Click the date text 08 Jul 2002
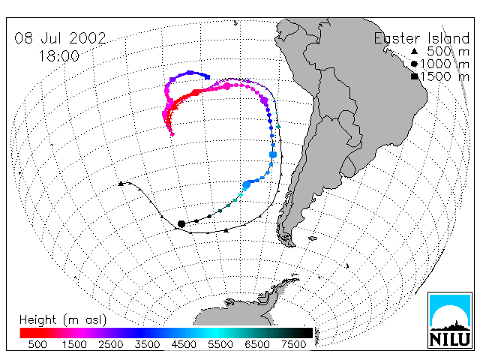click(x=60, y=38)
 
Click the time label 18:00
click(x=58, y=56)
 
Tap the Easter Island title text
click(x=421, y=38)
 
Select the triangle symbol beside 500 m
click(x=414, y=51)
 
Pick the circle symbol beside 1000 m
click(x=414, y=64)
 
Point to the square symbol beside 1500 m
click(x=414, y=76)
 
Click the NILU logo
click(x=450, y=320)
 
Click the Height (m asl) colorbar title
click(x=63, y=320)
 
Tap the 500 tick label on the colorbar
click(x=37, y=344)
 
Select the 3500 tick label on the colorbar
click(x=147, y=344)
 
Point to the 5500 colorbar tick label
click(x=220, y=344)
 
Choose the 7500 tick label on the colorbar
click(x=293, y=344)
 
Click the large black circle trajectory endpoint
click(x=181, y=223)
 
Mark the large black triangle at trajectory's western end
click(x=121, y=183)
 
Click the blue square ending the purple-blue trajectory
click(x=207, y=76)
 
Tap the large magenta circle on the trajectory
click(x=227, y=86)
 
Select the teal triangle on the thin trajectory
click(x=278, y=126)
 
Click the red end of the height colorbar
click(x=22, y=333)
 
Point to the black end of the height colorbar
click(x=310, y=333)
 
